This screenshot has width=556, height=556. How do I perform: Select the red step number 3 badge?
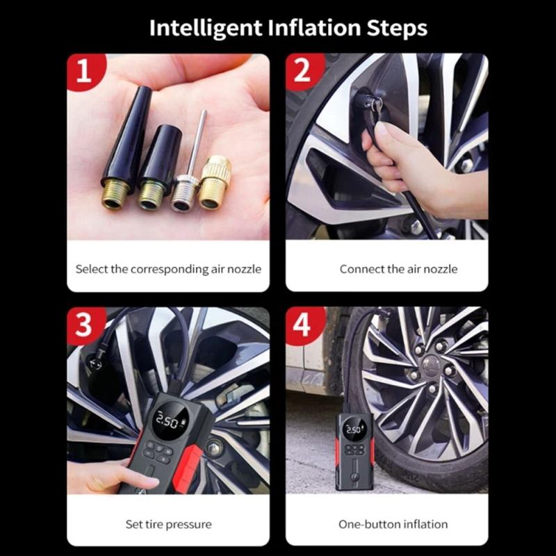tap(85, 324)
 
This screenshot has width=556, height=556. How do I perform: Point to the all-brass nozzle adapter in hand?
tap(215, 183)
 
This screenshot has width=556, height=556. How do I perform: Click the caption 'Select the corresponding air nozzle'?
tap(168, 269)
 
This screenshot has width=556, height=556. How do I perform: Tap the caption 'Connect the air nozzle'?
tap(398, 269)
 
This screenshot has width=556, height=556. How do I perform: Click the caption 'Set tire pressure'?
tap(168, 524)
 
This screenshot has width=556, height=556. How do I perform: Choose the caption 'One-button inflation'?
tap(393, 524)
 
